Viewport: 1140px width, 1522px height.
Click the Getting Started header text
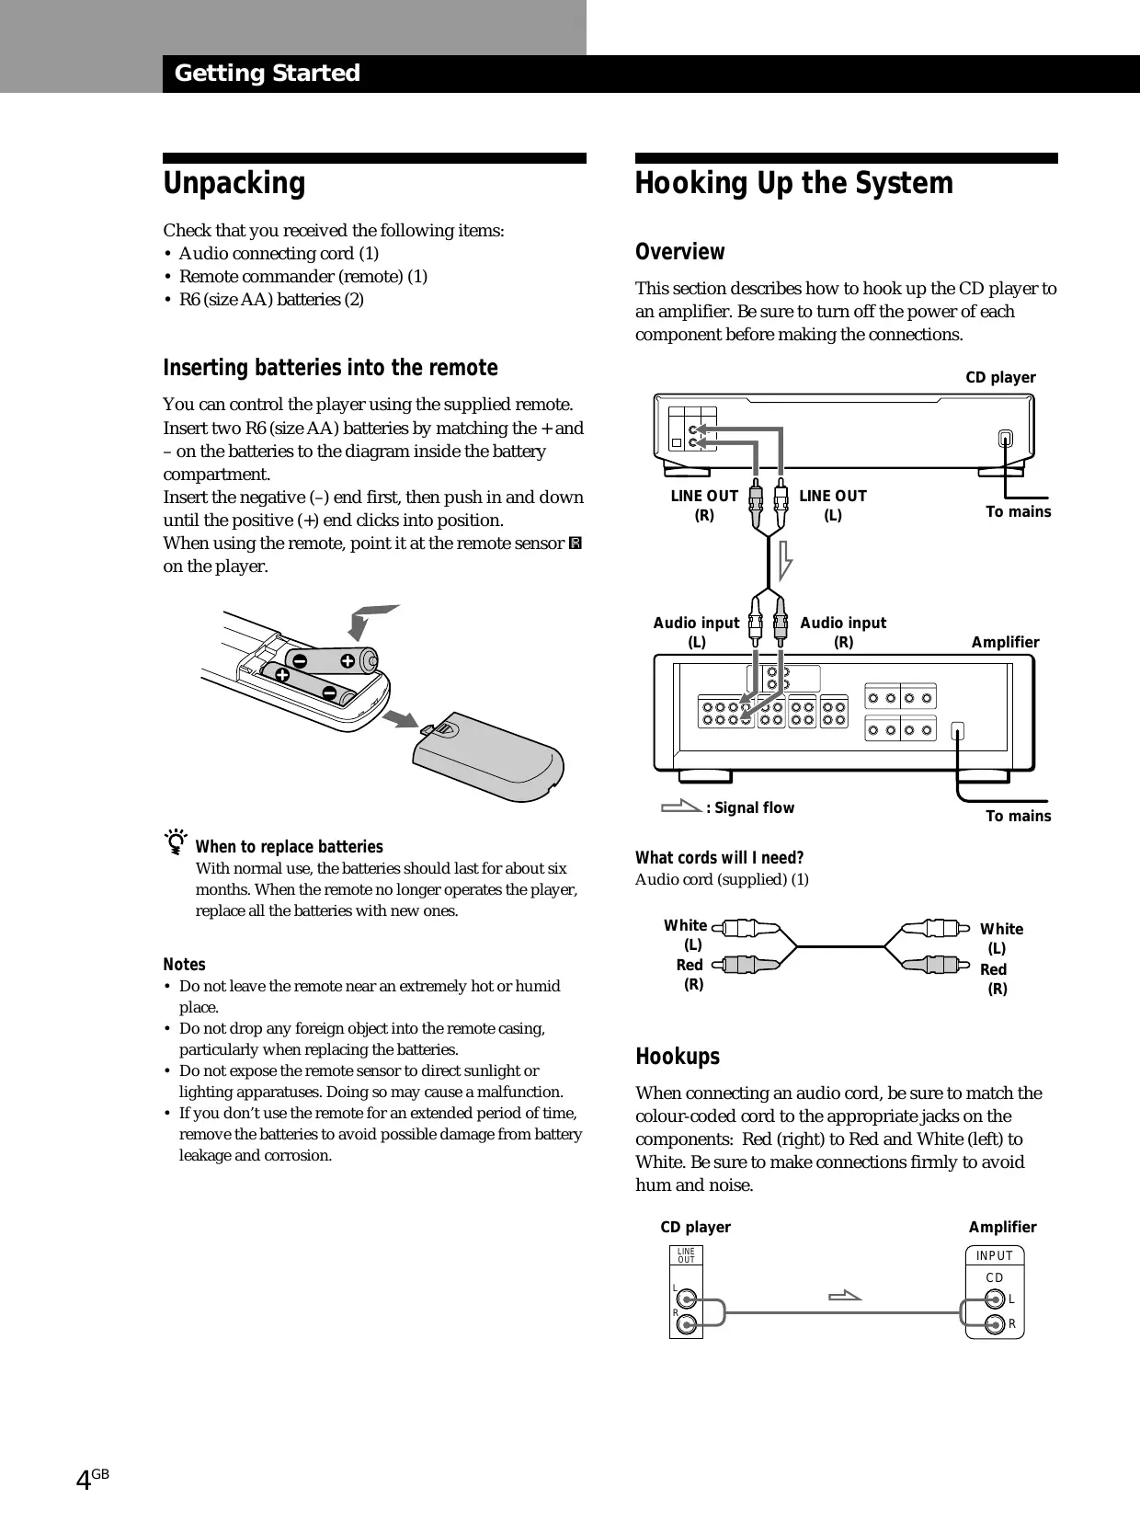click(x=267, y=73)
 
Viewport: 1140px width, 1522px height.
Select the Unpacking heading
click(x=234, y=183)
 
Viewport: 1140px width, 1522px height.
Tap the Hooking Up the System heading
click(x=793, y=183)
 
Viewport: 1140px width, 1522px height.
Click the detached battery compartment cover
click(x=488, y=755)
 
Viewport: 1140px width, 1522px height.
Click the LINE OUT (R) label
click(x=704, y=505)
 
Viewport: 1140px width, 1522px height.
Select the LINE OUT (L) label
click(x=832, y=505)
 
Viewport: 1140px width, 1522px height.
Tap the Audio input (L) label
click(x=696, y=632)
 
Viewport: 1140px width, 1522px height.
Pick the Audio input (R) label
click(x=843, y=632)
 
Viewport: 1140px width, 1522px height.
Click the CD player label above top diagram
click(x=999, y=377)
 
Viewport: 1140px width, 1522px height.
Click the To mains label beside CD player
click(x=1018, y=511)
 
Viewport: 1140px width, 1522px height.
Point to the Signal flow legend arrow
click(x=680, y=807)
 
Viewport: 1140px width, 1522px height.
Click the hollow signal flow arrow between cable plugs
click(x=783, y=561)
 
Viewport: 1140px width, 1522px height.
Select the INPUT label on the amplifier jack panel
click(x=994, y=1255)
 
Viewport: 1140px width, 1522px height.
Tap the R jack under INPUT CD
click(x=994, y=1324)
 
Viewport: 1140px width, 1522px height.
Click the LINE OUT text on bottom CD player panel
click(x=686, y=1255)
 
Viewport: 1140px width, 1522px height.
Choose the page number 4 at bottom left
click(x=84, y=1480)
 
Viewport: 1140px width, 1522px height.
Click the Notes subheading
click(x=184, y=964)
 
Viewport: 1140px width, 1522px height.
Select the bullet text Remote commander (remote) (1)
click(x=302, y=276)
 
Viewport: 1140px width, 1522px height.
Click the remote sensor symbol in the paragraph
click(x=576, y=544)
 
